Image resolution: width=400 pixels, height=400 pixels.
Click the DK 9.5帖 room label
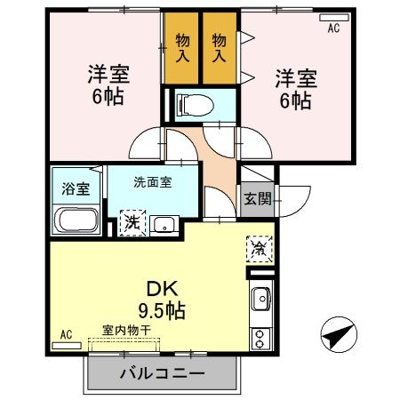click(161, 300)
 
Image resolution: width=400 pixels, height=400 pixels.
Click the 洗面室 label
click(152, 182)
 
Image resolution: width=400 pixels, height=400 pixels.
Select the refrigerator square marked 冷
click(257, 250)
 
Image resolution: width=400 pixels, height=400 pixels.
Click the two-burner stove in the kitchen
click(260, 339)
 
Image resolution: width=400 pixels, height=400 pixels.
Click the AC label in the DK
click(65, 334)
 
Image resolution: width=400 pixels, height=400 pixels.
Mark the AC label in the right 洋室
click(333, 28)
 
